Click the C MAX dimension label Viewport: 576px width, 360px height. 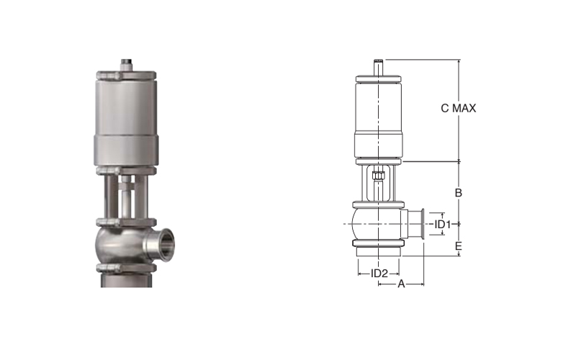click(458, 108)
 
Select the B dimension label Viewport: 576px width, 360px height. click(458, 192)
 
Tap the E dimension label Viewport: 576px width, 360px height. click(458, 246)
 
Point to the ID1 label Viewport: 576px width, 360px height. click(442, 224)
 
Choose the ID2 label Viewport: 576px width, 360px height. click(379, 274)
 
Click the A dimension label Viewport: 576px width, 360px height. click(401, 284)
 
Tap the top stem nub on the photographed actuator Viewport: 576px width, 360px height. click(126, 65)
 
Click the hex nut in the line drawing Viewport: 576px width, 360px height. click(377, 175)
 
